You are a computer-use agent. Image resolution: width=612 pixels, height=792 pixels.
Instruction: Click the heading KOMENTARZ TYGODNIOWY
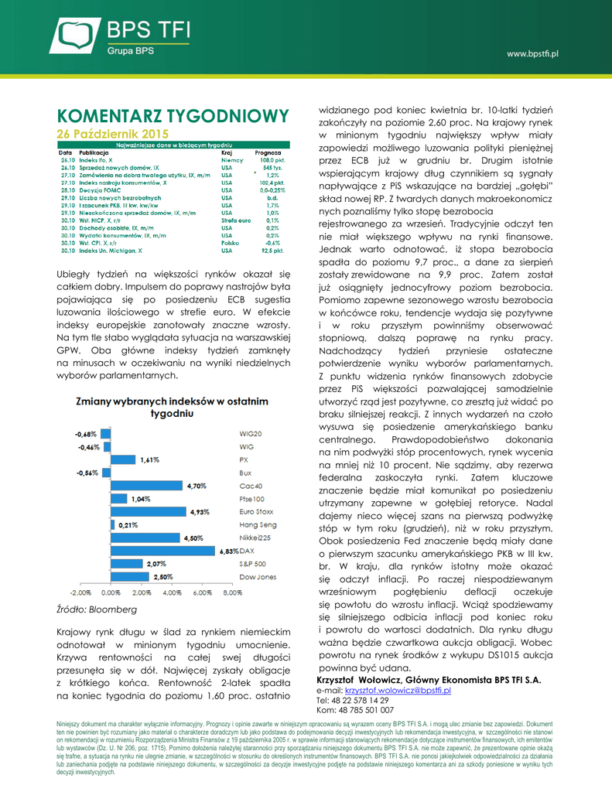(173, 116)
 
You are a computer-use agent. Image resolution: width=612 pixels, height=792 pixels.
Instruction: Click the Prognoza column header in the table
(267, 152)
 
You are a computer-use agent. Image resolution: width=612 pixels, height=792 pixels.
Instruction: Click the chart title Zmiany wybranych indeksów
(171, 408)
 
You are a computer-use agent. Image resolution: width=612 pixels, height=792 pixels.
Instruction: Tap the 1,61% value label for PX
(149, 459)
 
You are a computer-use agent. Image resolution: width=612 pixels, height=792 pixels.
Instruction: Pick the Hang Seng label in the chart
(258, 525)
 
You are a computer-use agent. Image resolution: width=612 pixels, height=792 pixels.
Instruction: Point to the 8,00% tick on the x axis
(233, 593)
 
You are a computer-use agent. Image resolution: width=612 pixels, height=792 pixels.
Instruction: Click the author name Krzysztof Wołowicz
(360, 678)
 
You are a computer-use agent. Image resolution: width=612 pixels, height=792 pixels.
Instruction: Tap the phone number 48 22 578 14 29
(363, 699)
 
